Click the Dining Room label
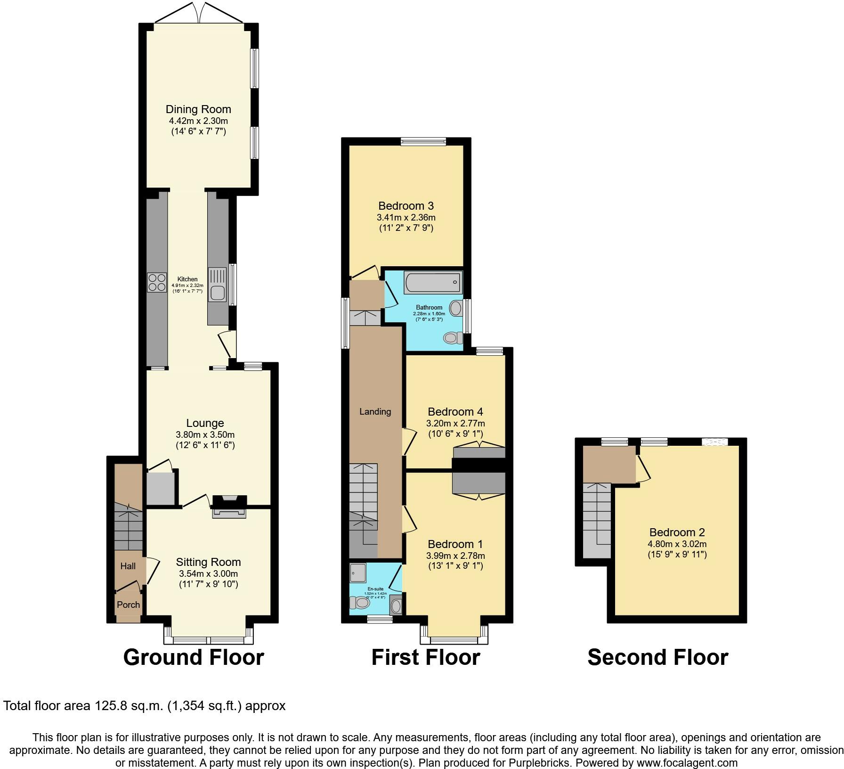(x=198, y=109)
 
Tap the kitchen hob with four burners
(x=157, y=282)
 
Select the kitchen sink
(x=218, y=286)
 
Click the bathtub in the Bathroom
(x=432, y=283)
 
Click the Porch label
(x=128, y=605)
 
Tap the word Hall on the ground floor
(x=128, y=566)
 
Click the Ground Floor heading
(x=194, y=657)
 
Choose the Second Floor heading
(x=657, y=657)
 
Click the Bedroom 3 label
(x=406, y=206)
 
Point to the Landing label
(x=375, y=411)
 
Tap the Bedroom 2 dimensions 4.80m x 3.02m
(x=677, y=544)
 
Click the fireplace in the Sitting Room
(x=229, y=512)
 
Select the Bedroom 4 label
(x=455, y=412)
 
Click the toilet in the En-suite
(x=360, y=603)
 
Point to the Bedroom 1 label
(x=455, y=544)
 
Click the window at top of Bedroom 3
(x=423, y=141)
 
